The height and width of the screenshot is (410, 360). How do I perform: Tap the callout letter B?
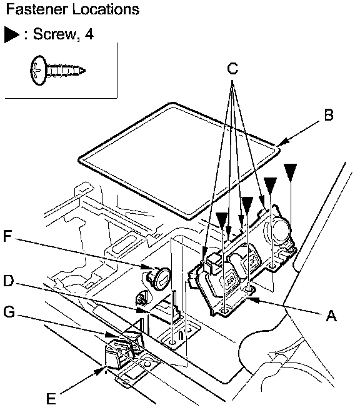pos(329,115)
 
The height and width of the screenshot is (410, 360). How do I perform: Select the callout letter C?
pos(232,69)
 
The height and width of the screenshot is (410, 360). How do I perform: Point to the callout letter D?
pos(8,281)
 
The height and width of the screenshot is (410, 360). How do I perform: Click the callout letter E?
pos(51,399)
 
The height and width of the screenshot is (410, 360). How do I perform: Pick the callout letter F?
pos(7,236)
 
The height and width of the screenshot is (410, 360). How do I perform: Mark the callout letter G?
pos(9,312)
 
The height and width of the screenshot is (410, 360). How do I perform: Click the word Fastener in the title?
pos(36,9)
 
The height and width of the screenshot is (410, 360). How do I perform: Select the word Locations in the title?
pos(106,9)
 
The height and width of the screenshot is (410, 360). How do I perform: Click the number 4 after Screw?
pos(89,34)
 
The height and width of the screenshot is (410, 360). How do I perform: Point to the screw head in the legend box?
pos(38,71)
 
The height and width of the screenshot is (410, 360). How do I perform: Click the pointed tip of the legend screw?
pos(84,70)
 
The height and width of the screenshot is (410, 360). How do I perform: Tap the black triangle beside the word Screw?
pos(11,34)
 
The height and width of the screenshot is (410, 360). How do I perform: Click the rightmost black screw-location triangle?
pos(291,172)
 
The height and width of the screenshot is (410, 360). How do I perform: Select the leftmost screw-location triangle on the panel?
pos(222,220)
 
